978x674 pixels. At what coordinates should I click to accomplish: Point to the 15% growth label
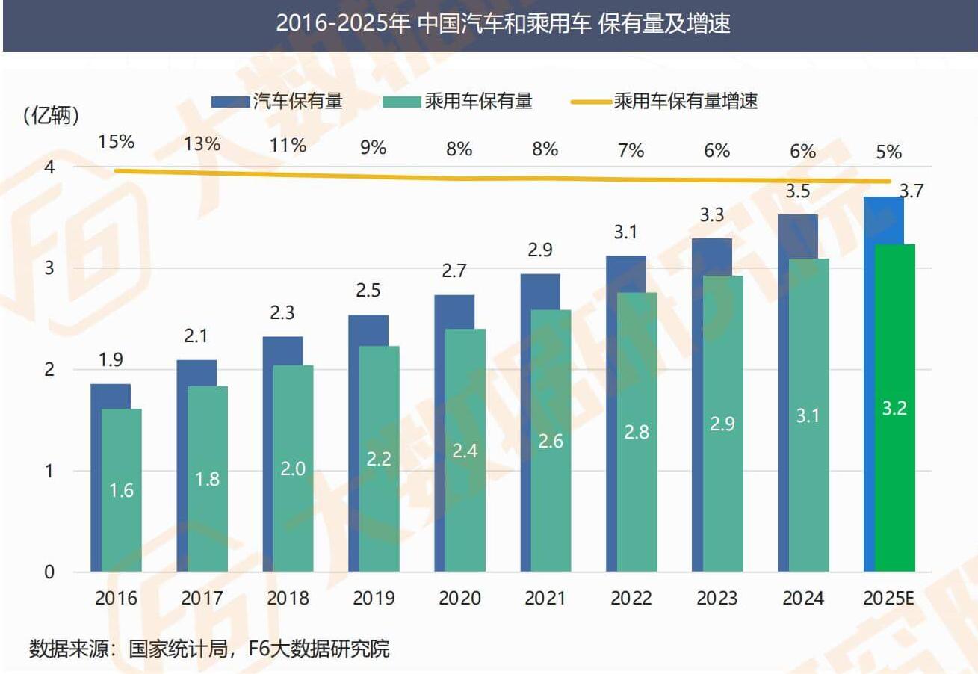tap(116, 141)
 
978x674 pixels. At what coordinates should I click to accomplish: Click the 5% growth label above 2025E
tap(888, 152)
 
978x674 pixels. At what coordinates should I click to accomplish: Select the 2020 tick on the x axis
tap(459, 599)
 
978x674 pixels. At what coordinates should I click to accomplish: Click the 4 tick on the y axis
tap(49, 167)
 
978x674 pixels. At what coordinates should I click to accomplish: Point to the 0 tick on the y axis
tap(49, 572)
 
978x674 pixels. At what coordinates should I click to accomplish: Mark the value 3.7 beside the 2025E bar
tap(912, 191)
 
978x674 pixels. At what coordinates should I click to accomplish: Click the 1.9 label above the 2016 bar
tap(111, 360)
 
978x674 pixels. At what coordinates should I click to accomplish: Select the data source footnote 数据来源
tap(209, 648)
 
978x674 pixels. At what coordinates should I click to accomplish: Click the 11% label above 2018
tap(288, 145)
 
